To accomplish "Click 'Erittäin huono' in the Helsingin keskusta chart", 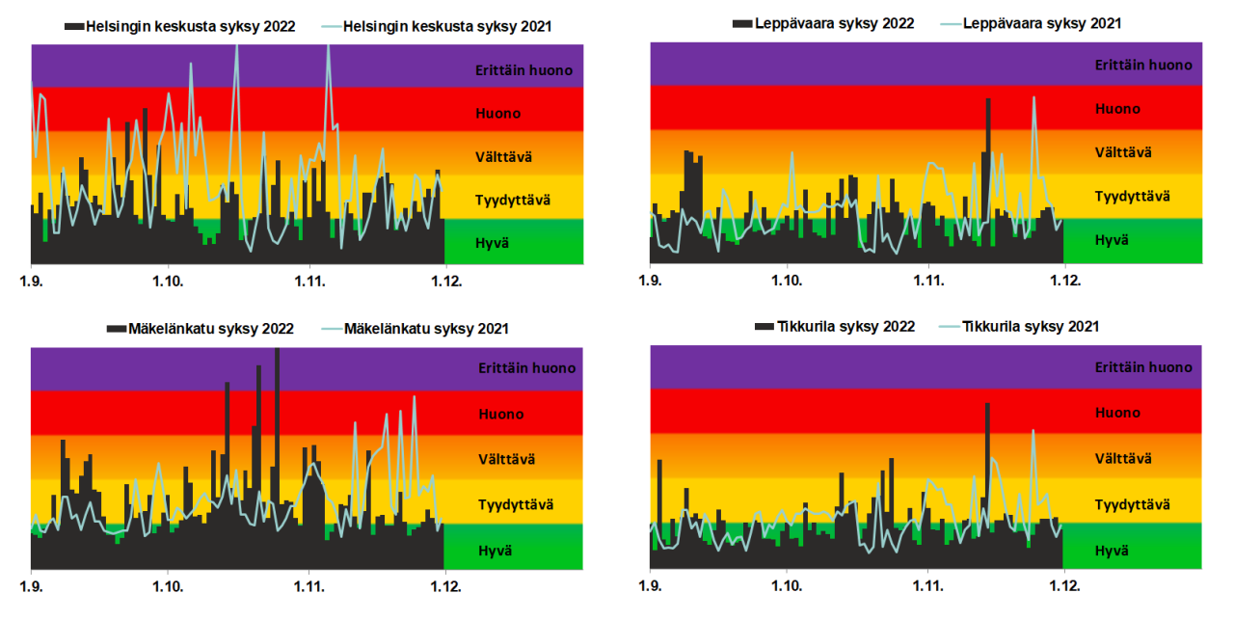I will pos(523,69).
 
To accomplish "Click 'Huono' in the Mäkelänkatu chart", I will pos(500,414).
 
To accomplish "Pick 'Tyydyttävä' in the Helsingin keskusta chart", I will pos(513,200).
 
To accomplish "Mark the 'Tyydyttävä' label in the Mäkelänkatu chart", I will pos(516,504).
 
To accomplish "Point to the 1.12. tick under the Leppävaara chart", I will pos(1063,282).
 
